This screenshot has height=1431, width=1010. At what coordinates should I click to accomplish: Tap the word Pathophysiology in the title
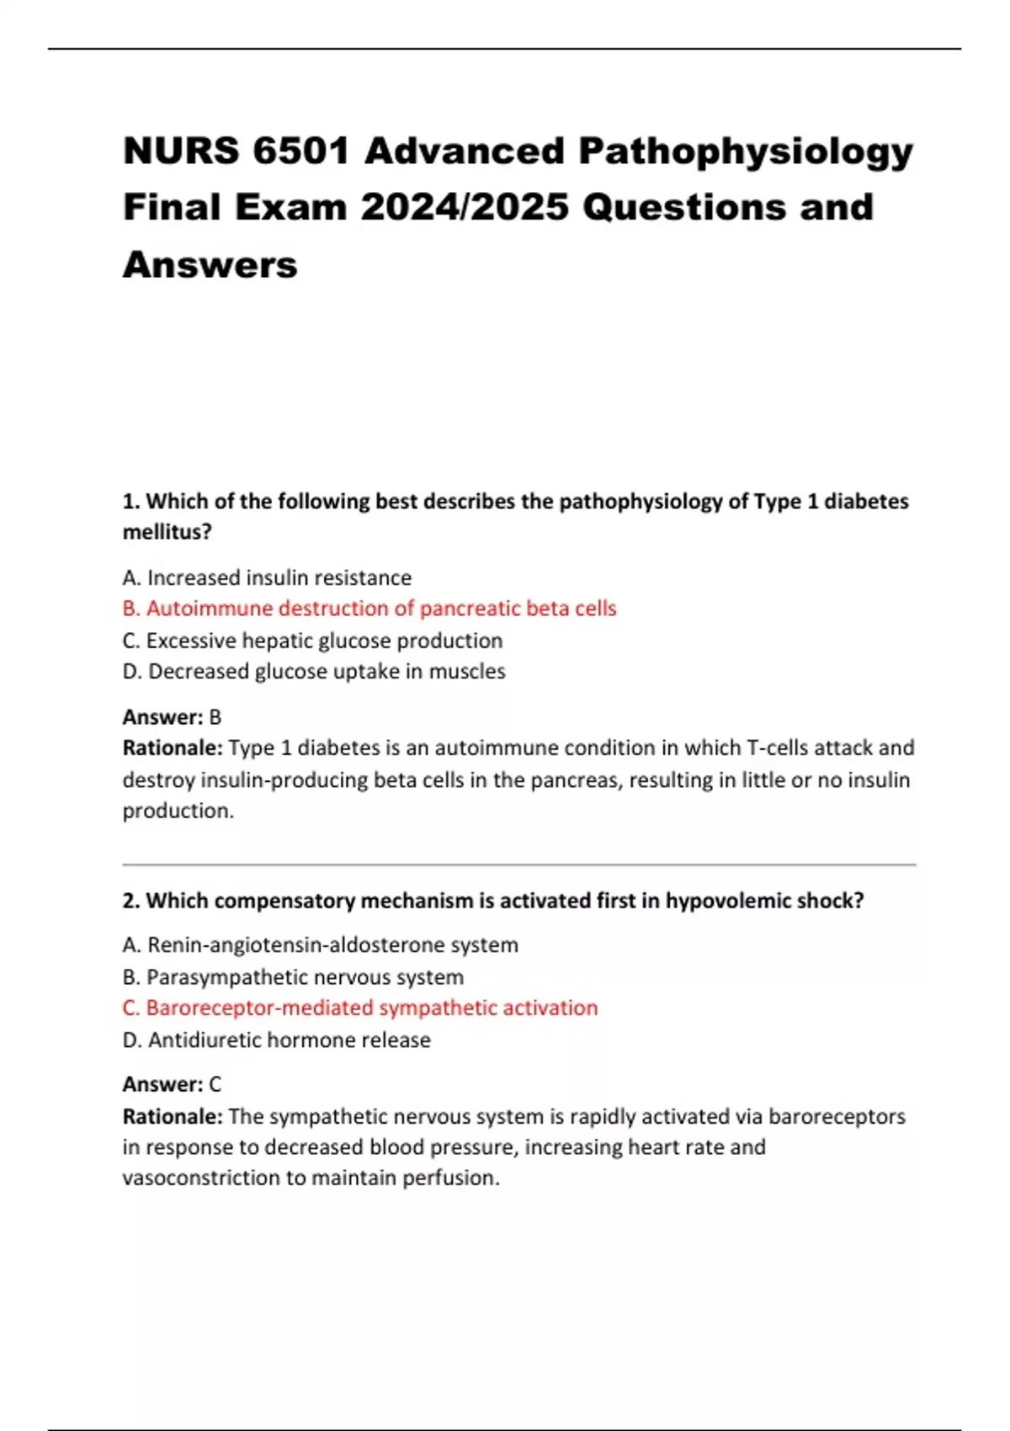click(745, 152)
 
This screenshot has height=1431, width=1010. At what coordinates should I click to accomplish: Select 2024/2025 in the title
click(465, 207)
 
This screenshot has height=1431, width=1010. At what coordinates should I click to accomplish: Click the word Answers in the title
click(210, 264)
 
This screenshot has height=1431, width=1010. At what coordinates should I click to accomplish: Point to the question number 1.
click(130, 502)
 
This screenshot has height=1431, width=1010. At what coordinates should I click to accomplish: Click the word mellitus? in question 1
click(167, 532)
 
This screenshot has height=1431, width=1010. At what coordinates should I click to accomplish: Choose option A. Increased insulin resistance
click(267, 577)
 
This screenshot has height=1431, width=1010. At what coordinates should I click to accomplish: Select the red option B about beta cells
click(369, 609)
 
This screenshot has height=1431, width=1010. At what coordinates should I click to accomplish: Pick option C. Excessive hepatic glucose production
click(312, 641)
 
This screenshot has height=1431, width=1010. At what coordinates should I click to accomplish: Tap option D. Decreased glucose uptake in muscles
click(314, 672)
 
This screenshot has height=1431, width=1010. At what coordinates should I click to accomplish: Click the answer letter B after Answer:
click(215, 717)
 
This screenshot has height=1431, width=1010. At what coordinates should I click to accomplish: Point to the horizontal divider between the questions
click(518, 864)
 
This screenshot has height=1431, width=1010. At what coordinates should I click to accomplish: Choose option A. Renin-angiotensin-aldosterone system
click(320, 945)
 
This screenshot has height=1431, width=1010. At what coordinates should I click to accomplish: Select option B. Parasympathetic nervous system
click(293, 977)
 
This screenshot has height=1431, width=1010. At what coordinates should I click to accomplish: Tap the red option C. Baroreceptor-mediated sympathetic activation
click(360, 1008)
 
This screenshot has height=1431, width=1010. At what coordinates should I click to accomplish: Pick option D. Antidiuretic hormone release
click(276, 1040)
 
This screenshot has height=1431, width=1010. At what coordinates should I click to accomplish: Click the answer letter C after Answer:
click(215, 1084)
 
